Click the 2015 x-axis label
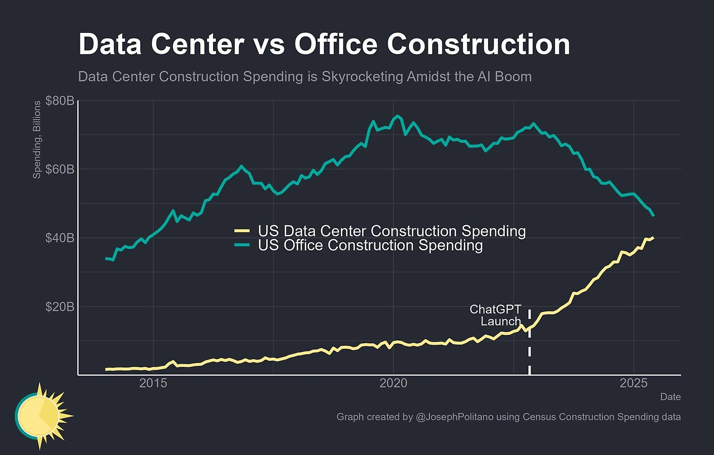coord(153,384)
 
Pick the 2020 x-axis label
coord(394,384)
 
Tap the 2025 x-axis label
coord(634,384)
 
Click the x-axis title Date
coord(670,397)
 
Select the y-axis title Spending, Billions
coord(37,140)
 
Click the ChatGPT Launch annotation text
coord(495,315)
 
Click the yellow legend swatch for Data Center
coord(243,231)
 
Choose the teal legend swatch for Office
coord(243,246)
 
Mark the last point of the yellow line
coord(653,237)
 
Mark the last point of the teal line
coord(653,216)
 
